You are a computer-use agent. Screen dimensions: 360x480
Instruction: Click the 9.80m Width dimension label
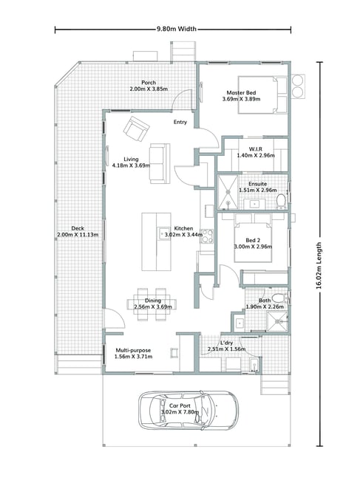pos(177,29)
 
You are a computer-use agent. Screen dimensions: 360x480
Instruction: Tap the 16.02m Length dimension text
pos(319,265)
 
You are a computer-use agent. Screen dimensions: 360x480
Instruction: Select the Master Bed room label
pos(241,92)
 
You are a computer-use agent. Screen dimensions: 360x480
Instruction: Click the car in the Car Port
pos(188,410)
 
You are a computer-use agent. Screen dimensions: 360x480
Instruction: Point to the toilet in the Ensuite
pos(281,201)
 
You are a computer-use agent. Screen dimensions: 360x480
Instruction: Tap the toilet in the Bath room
pos(279,298)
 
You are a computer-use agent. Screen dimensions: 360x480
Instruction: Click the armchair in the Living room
pos(136,128)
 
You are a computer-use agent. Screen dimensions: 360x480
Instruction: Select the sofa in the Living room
pos(160,163)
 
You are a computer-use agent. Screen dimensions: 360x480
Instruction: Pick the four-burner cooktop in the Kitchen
pos(207,236)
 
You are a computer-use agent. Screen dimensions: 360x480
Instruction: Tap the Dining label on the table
pos(153,301)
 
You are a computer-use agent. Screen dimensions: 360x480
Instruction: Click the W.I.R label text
pos(256,149)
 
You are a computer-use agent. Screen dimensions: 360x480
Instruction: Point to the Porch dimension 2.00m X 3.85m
pos(149,89)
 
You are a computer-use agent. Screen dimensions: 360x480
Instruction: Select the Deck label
pos(78,228)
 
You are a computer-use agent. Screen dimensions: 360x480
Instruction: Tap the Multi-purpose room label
pos(133,350)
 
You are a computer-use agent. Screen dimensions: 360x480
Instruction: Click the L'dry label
pos(226,343)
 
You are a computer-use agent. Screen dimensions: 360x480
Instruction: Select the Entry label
pos(180,122)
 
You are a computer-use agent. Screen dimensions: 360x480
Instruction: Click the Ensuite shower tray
pos(228,192)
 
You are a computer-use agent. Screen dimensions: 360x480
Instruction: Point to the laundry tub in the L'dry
pos(255,365)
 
